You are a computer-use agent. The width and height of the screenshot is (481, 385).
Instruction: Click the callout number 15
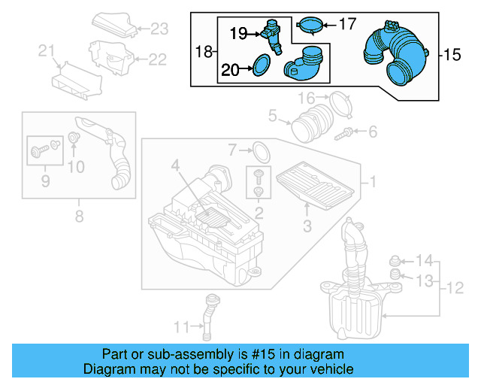(x=452, y=55)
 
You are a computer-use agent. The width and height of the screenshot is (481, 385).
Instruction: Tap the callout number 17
(x=347, y=24)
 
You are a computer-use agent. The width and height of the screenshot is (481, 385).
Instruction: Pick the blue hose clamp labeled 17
(x=311, y=26)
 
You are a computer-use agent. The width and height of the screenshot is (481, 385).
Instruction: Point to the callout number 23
(x=159, y=30)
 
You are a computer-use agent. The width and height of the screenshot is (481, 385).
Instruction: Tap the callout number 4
(x=174, y=165)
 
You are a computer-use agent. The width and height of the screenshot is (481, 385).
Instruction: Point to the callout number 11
(x=181, y=326)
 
